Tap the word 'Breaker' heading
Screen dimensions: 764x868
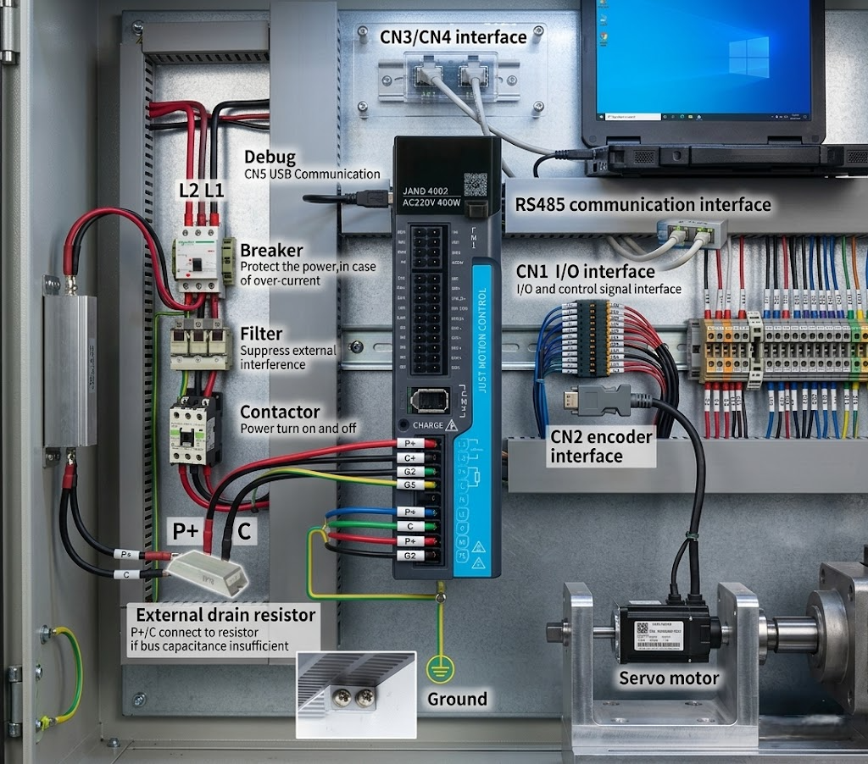pos(271,251)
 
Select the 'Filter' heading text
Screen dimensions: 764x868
pos(261,334)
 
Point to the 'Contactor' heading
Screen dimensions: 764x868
pos(280,412)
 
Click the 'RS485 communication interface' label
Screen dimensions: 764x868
pos(643,205)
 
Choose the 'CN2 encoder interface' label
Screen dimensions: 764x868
pos(602,446)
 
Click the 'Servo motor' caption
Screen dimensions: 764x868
pos(669,678)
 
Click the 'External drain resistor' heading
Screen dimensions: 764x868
pos(225,615)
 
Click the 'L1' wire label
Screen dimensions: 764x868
pos(214,191)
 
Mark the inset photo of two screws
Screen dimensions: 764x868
pos(355,694)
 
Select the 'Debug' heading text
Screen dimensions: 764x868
pos(270,158)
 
